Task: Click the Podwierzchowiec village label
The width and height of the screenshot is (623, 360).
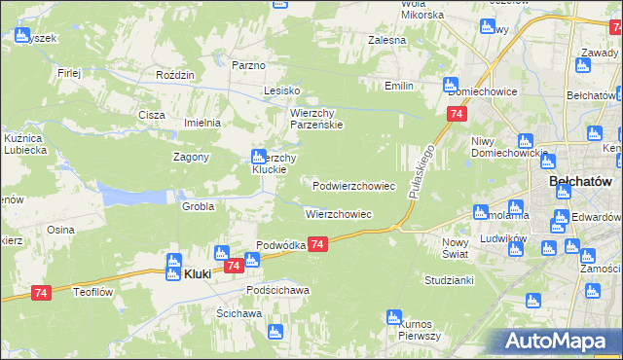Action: [353, 185]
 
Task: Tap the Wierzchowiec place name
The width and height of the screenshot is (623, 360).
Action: [339, 213]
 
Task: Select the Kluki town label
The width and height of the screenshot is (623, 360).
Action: [198, 275]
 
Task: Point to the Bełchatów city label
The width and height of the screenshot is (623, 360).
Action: [579, 181]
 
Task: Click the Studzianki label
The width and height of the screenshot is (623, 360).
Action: [449, 280]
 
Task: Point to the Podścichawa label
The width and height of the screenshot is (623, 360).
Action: [277, 290]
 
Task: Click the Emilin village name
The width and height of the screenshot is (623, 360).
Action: [399, 87]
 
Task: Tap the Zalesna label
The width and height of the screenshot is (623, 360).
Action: [386, 41]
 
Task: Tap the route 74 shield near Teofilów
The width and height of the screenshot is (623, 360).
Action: [41, 293]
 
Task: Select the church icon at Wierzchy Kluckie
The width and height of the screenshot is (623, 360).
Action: [258, 156]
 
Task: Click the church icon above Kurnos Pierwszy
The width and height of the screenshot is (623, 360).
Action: [393, 317]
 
